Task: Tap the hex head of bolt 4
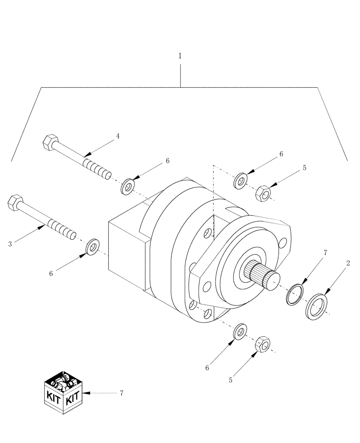point(49,143)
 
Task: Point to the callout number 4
point(117,136)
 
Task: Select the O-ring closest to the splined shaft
point(293,295)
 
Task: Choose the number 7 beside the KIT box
point(121,393)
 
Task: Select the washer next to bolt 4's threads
point(128,186)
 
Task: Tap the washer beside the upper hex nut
point(241,181)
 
